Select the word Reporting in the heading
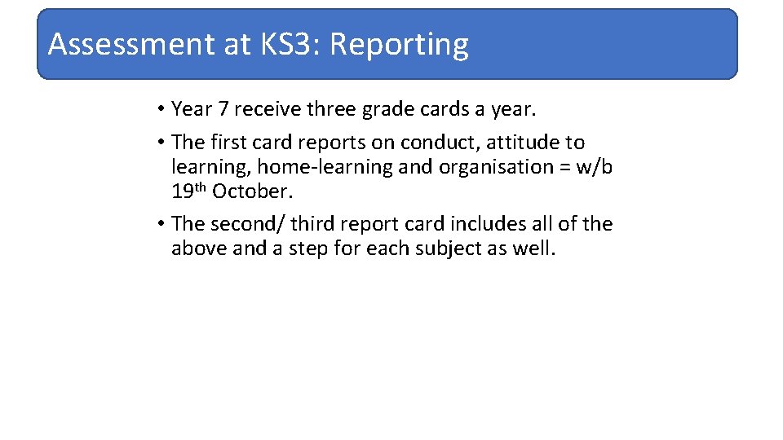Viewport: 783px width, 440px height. [x=399, y=46]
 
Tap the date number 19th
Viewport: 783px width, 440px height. [x=188, y=191]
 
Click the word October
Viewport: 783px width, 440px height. [x=252, y=191]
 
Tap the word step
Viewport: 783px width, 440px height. [x=308, y=249]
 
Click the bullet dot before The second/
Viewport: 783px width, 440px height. [x=163, y=224]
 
